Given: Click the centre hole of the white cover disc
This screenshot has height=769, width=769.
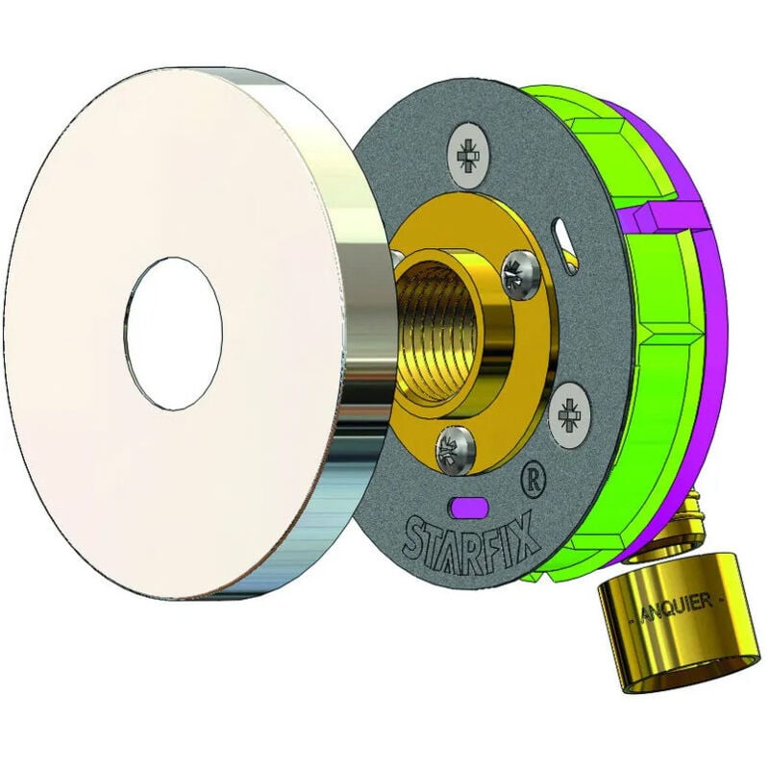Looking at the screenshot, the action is click(173, 334).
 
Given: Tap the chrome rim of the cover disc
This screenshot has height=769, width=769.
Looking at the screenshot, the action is click(343, 343).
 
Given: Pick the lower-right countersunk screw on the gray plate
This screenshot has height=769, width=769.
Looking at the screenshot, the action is click(569, 414).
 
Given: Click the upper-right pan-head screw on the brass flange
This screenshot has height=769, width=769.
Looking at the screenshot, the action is click(521, 275).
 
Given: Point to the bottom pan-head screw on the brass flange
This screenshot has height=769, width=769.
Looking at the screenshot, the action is click(456, 449).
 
